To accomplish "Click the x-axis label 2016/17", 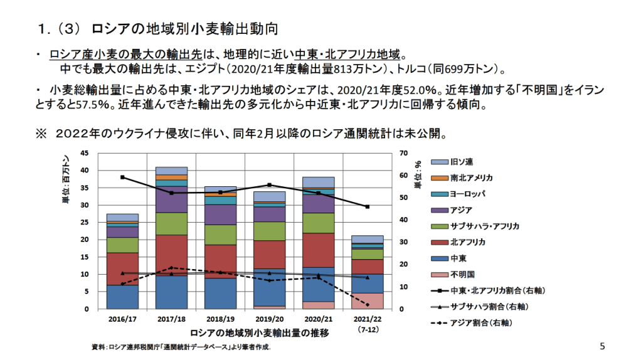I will coord(122,319).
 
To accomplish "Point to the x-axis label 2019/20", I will coord(269,319).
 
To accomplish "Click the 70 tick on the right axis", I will coord(404,153).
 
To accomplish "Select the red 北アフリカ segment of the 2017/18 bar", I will coord(171,255).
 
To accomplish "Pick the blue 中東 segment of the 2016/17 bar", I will coord(122,297).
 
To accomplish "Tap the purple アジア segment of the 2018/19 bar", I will coord(220,214).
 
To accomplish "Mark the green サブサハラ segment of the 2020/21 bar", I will coord(318,223).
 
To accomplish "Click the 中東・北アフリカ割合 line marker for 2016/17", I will coord(122,177).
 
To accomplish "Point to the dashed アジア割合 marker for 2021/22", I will coord(367,305).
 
